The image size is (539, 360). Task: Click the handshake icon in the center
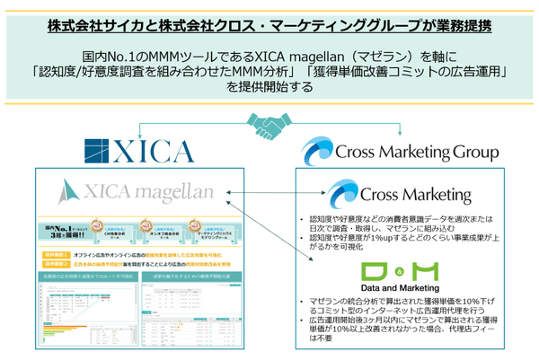269,122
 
